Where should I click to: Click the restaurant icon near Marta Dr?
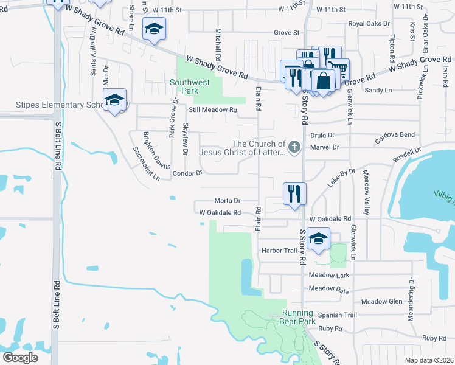coord(294,193)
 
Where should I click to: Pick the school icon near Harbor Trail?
coord(318,239)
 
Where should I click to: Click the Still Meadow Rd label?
coord(213,110)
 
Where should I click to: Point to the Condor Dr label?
coord(187,173)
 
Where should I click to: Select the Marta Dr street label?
coord(227,200)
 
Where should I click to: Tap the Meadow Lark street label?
coord(328,276)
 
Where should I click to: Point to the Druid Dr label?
coord(322,135)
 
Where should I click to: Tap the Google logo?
coord(20,357)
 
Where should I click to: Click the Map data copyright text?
coord(429,360)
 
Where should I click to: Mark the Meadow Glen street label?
coord(381,302)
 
